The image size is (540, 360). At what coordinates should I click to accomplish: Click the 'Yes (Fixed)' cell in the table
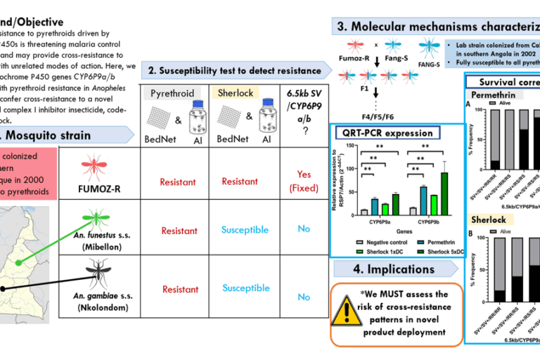[x=304, y=181]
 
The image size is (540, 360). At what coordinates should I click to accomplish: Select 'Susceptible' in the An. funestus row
[x=245, y=230]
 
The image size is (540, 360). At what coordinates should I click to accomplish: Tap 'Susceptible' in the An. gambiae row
[x=245, y=288]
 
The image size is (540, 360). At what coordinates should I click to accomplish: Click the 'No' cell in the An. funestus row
[x=304, y=229]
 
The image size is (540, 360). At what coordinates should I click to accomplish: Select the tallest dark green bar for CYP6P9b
[x=444, y=191]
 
